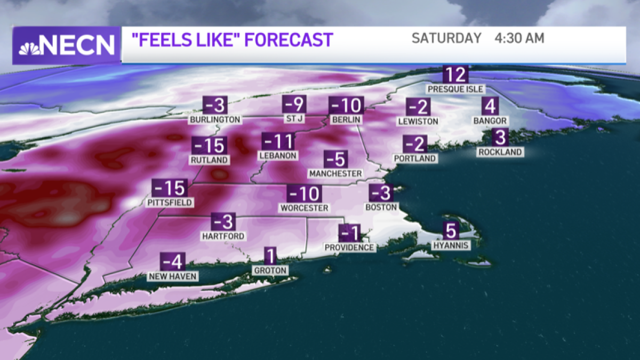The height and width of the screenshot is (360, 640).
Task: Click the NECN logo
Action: pyautogui.click(x=67, y=46)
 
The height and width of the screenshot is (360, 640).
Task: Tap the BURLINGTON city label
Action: pyautogui.click(x=215, y=119)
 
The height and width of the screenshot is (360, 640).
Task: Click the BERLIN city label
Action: pyautogui.click(x=346, y=119)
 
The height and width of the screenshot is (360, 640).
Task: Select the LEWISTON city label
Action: pyautogui.click(x=418, y=121)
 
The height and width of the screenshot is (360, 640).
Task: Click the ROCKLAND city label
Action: pyautogui.click(x=500, y=152)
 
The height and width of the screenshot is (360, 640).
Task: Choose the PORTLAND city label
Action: pyautogui.click(x=415, y=158)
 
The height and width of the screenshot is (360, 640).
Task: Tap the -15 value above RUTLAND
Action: pyautogui.click(x=210, y=145)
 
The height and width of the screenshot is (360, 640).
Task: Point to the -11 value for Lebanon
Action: pyautogui.click(x=277, y=141)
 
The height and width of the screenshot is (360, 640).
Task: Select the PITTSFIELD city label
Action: pyautogui.click(x=170, y=203)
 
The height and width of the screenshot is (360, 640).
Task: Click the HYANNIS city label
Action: pyautogui.click(x=451, y=245)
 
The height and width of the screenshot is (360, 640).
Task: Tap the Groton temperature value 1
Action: pyautogui.click(x=271, y=256)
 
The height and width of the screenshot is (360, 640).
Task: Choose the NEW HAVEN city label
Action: pyautogui.click(x=173, y=276)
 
